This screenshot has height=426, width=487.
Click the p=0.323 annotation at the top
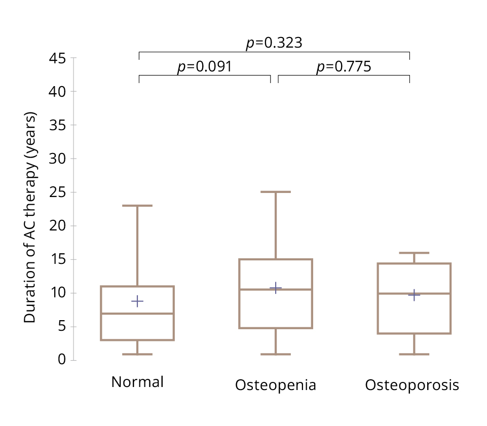click(x=274, y=44)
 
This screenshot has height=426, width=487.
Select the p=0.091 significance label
click(x=204, y=67)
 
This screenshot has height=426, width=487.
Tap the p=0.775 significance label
click(x=344, y=67)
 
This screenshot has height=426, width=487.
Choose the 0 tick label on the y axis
click(x=62, y=360)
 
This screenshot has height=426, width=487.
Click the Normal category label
click(x=137, y=382)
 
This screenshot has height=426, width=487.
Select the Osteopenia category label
click(x=276, y=385)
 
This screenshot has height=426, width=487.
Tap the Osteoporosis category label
click(x=412, y=385)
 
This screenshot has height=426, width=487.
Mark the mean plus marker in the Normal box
click(x=137, y=301)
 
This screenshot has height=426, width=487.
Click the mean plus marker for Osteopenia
click(x=276, y=288)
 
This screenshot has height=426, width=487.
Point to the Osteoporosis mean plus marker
click(x=414, y=295)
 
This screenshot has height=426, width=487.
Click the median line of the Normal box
click(x=137, y=314)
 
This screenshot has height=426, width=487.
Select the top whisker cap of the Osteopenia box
click(x=276, y=192)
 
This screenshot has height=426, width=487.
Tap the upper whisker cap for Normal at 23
click(x=137, y=206)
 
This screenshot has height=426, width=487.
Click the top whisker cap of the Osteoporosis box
click(x=414, y=253)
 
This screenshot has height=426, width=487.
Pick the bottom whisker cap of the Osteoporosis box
click(x=414, y=354)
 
